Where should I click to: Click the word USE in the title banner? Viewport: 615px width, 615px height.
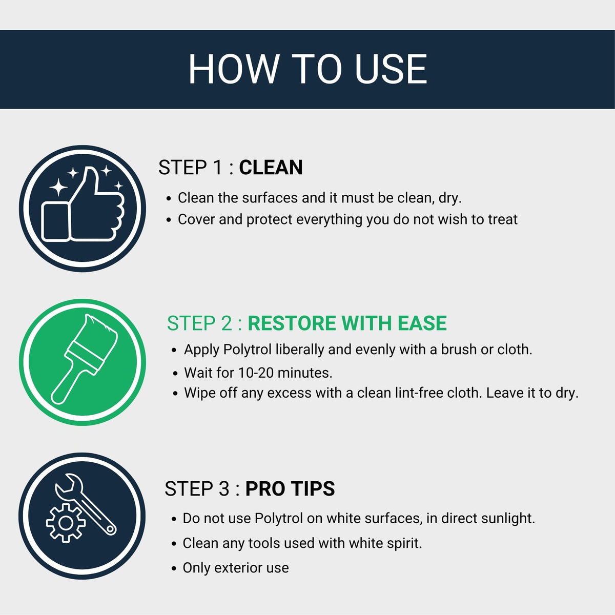[x=391, y=69]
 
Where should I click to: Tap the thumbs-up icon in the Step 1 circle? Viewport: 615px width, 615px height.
[x=83, y=204]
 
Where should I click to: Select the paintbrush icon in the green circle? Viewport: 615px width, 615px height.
[x=85, y=359]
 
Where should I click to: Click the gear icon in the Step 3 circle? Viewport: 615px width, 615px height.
[x=66, y=523]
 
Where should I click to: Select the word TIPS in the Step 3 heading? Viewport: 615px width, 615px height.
[x=314, y=488]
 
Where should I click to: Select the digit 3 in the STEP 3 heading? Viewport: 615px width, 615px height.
[x=224, y=488]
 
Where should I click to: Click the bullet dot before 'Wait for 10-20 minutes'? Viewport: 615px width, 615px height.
[x=175, y=374]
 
